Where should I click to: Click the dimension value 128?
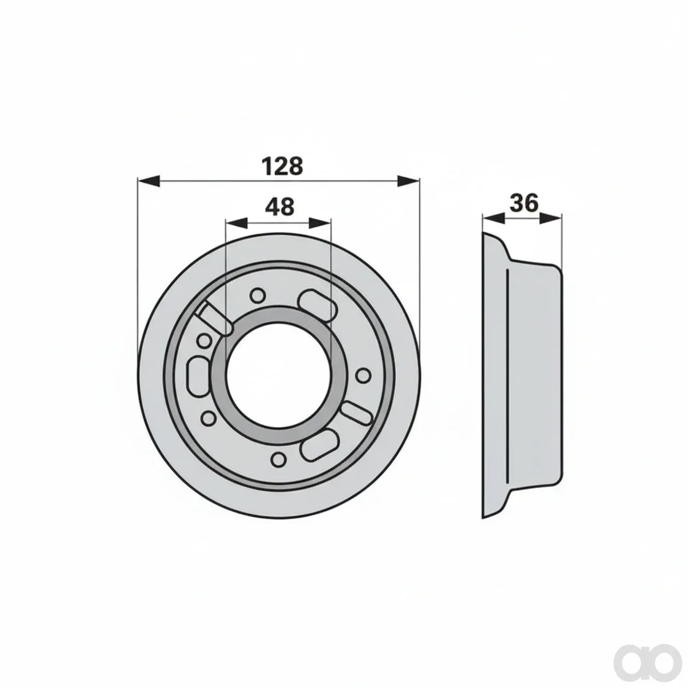click(x=283, y=166)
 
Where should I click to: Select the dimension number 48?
click(x=280, y=206)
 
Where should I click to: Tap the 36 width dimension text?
click(x=524, y=204)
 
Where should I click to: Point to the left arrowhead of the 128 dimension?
click(x=148, y=181)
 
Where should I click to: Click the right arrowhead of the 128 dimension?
click(x=408, y=181)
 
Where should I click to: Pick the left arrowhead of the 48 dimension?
click(x=237, y=223)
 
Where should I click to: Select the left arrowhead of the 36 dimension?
click(x=494, y=218)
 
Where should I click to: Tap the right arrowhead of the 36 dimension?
click(x=550, y=218)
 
